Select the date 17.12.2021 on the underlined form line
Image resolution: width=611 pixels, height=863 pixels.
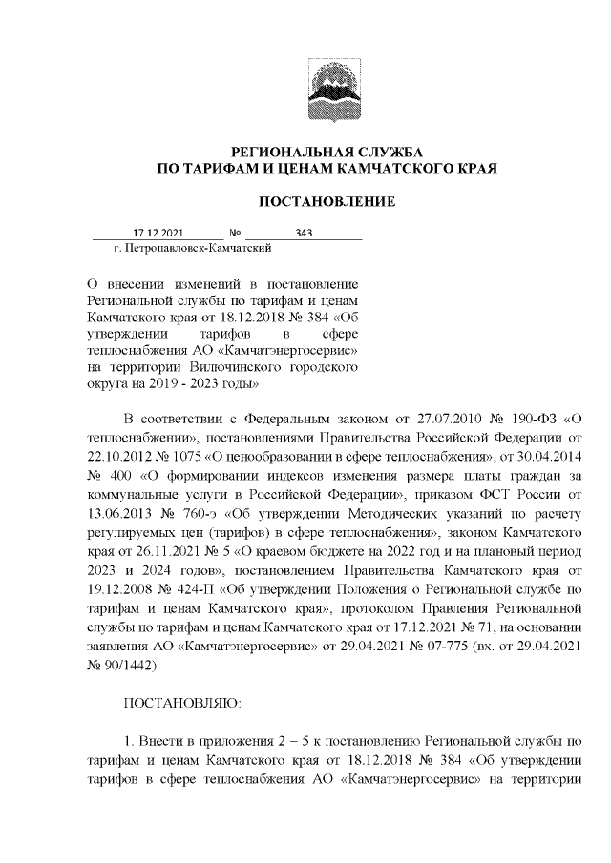click(x=158, y=232)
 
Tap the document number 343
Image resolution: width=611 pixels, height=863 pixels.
click(x=305, y=232)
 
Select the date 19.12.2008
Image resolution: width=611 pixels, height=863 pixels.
click(x=124, y=581)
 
